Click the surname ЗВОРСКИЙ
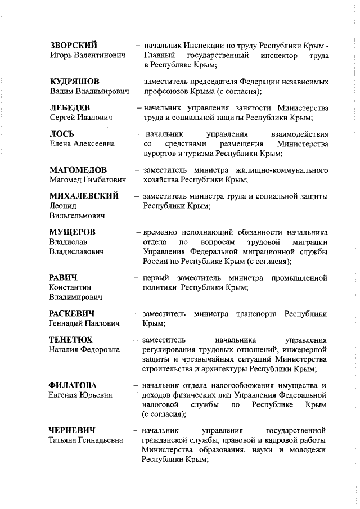pos(73,45)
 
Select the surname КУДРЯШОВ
pos(75,81)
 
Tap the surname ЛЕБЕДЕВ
pos(70,107)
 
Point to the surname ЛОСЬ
pos(61,134)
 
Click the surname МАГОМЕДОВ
pos(78,170)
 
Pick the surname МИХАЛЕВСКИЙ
pos(84,196)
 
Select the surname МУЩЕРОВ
pos(72,232)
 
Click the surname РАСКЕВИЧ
pos(71,313)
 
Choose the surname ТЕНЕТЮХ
pos(71,340)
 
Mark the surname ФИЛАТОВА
pos(73,385)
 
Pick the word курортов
pos(161,153)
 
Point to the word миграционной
pos(256,251)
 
